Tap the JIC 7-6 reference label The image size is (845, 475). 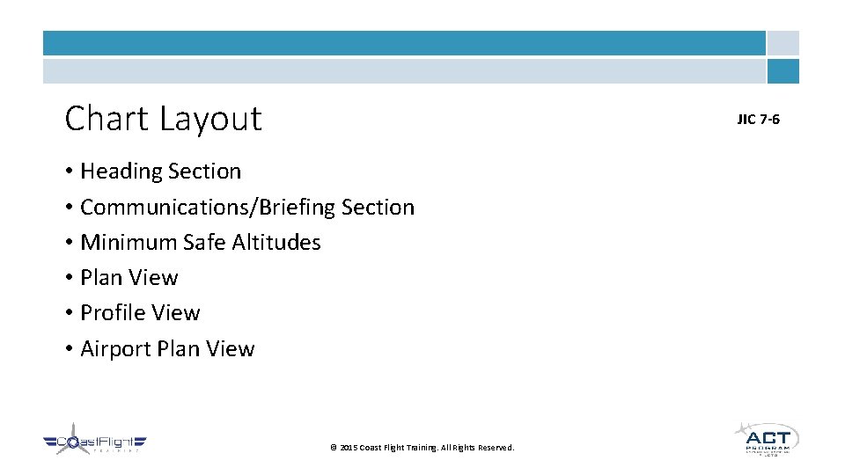click(x=758, y=119)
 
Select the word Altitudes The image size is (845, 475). click(x=276, y=242)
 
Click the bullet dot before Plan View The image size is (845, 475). click(x=69, y=278)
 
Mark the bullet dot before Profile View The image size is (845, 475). click(x=69, y=314)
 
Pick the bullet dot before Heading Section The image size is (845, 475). click(x=69, y=172)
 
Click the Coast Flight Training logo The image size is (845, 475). click(x=94, y=443)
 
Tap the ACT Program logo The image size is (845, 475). click(x=767, y=438)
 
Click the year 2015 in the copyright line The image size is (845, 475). click(x=348, y=448)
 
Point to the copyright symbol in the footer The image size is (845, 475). click(x=333, y=448)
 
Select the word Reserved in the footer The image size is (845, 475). click(x=496, y=448)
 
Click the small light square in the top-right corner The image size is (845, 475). click(x=783, y=43)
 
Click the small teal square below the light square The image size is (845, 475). click(x=783, y=71)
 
